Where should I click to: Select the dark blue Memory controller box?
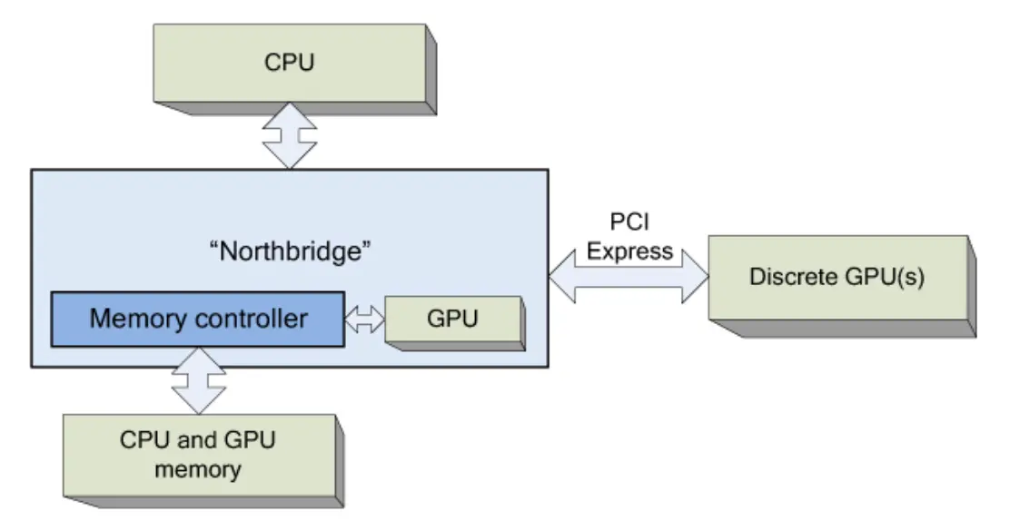197,319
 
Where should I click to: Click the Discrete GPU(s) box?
837,278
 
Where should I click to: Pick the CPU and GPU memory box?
198,456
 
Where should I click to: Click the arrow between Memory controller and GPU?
365,319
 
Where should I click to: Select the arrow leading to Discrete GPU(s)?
629,277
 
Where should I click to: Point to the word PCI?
629,222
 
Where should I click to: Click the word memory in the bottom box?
198,469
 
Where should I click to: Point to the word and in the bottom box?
193,442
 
